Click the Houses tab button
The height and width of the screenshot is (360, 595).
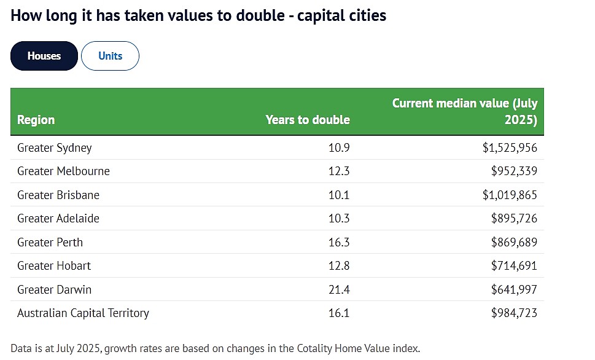(44, 56)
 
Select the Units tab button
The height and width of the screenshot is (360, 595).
(110, 56)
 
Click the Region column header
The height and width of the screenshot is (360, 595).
(36, 120)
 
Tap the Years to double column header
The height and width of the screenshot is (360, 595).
(308, 120)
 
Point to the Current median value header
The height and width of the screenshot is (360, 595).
(465, 111)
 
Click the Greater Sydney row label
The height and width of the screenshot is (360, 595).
(54, 147)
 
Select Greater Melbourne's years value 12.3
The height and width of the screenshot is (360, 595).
(339, 171)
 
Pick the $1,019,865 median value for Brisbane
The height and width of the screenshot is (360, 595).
(510, 195)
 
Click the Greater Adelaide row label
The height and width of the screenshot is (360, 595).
(58, 218)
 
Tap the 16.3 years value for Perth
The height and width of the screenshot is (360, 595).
(339, 242)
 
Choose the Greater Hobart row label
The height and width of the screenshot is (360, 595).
(54, 266)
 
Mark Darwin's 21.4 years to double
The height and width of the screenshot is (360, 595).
(339, 290)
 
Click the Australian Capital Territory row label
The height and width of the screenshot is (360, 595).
(83, 313)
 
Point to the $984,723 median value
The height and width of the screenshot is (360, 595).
(514, 313)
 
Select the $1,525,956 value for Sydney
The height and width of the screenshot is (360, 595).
(510, 147)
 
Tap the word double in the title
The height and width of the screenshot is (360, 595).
(260, 15)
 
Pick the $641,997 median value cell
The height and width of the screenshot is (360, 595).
(514, 289)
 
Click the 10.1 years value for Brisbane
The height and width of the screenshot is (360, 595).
(339, 195)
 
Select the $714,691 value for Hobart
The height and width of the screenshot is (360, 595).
(514, 266)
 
